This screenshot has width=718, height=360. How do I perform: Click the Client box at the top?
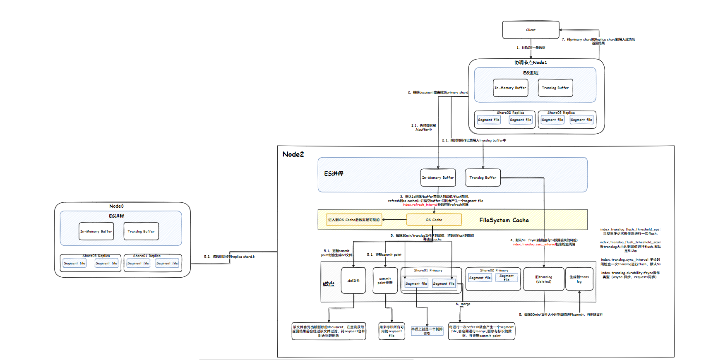531,30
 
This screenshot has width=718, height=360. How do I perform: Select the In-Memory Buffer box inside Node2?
438,178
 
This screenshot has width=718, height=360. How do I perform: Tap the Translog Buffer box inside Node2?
483,178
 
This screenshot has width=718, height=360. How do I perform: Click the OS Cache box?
434,220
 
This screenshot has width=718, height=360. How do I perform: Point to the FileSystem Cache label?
504,220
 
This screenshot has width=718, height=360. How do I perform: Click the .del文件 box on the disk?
353,281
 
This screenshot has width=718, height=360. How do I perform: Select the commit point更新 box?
385,281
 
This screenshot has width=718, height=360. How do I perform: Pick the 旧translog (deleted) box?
543,279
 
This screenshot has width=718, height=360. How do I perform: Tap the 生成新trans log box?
579,279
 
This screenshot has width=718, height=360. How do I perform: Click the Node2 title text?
293,154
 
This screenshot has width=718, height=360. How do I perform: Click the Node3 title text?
116,206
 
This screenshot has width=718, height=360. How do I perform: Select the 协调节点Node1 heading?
531,62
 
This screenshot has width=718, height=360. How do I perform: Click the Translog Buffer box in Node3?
141,231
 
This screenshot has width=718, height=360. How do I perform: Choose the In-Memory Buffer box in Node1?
510,88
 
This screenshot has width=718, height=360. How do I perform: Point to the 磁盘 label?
329,284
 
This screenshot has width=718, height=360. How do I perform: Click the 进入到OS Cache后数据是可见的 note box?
354,220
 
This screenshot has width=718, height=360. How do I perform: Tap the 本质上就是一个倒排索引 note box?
427,331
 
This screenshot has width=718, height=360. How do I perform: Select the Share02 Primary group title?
494,270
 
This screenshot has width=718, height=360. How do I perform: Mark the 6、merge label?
463,304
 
